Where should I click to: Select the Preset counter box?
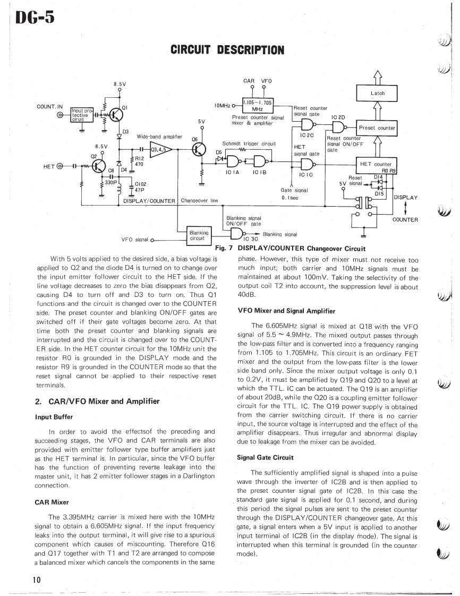[x=377, y=127]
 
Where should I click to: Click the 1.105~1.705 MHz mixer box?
[x=258, y=105]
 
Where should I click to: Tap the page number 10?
[x=36, y=580]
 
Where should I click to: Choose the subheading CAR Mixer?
[x=52, y=501]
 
